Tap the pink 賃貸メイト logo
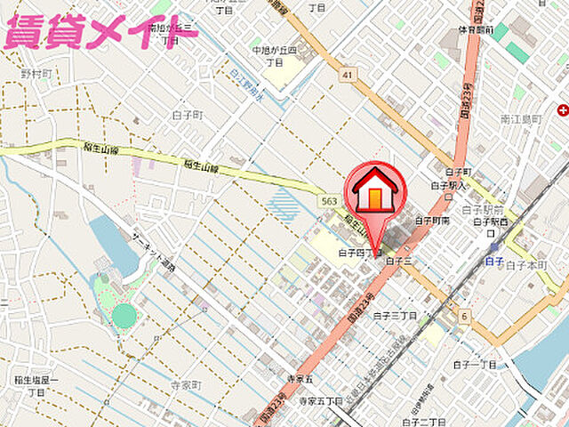point(100,31)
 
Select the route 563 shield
point(329,203)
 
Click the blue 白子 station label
point(495,261)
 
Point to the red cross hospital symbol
point(563,110)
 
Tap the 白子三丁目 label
point(396,315)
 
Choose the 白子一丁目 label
point(475,365)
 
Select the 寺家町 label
point(187,385)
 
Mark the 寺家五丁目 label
point(320,401)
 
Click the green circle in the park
point(124,315)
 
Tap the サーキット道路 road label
point(156,253)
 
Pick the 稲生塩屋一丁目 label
point(36,386)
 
